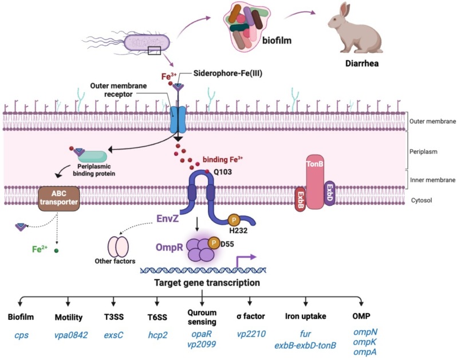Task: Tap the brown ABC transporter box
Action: click(x=59, y=197)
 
